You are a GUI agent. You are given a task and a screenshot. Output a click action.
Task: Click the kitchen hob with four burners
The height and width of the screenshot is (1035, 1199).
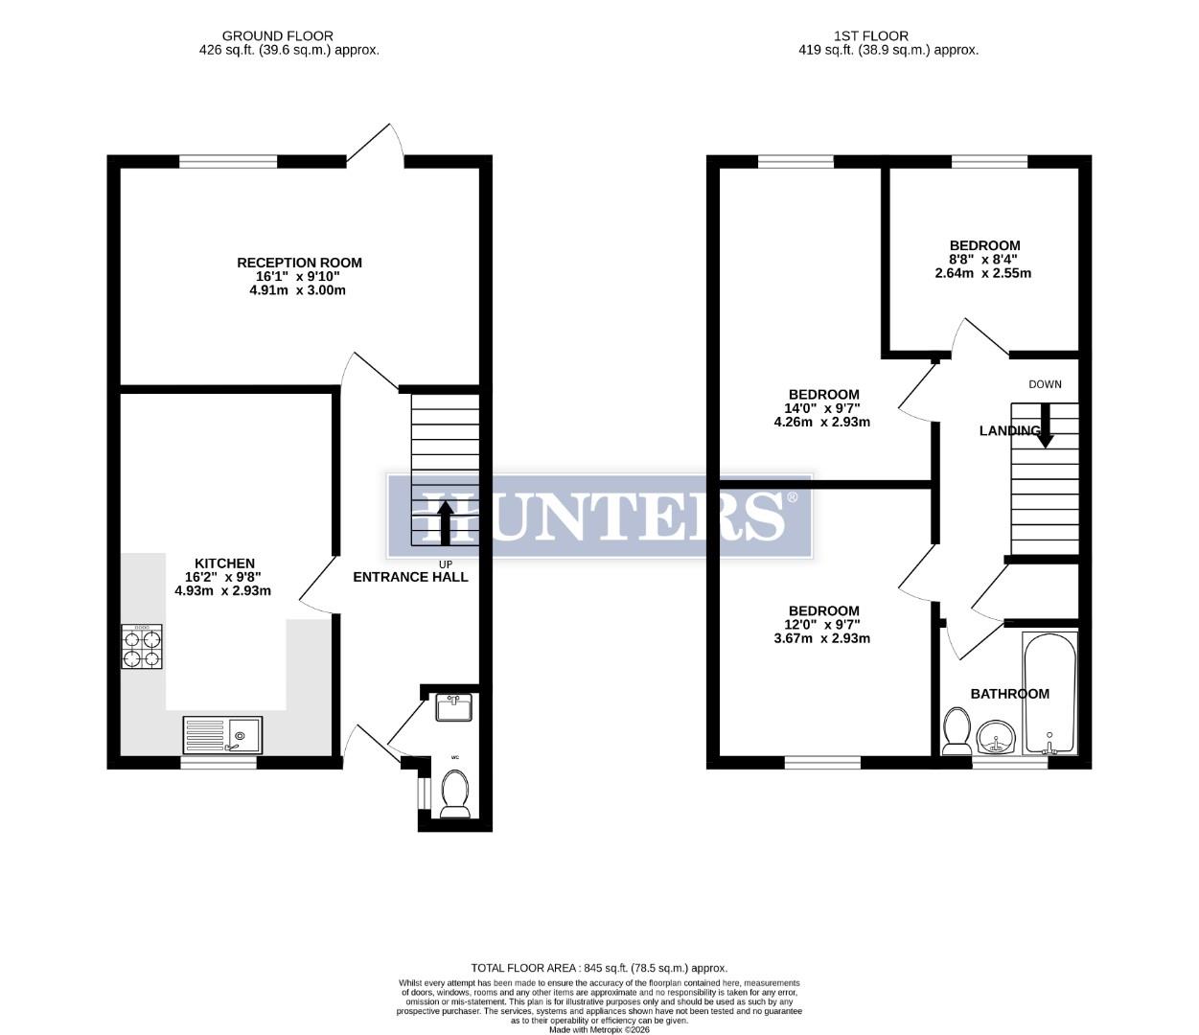(142, 647)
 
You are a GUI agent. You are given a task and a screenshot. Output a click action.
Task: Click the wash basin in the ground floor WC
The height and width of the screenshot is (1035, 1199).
(455, 708)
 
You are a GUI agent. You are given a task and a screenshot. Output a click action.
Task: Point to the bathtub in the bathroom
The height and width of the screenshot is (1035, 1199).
(1049, 692)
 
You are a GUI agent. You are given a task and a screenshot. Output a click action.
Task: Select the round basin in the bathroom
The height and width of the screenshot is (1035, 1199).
(998, 741)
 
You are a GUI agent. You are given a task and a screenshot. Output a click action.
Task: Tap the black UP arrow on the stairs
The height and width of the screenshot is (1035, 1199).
(445, 521)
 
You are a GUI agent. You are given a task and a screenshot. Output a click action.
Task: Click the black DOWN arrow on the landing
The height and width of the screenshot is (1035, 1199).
(1045, 425)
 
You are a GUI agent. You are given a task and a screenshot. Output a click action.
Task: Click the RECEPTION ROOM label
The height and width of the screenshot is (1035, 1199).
(299, 263)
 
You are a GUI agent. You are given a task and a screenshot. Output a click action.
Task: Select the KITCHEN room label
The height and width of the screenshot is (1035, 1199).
(224, 563)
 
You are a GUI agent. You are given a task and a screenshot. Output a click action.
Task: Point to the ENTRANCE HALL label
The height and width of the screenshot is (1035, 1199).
(410, 577)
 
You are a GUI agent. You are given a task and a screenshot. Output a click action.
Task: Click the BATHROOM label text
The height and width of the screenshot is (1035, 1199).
(1009, 694)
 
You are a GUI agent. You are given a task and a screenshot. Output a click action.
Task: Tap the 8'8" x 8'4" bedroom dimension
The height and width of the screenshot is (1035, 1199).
(983, 260)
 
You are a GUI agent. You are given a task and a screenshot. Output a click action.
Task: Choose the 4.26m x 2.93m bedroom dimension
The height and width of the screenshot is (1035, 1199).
(821, 422)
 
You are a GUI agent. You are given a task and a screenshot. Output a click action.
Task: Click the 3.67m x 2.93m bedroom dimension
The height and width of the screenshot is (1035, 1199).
(821, 638)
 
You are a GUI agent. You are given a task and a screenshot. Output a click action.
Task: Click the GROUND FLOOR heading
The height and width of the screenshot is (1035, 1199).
(288, 36)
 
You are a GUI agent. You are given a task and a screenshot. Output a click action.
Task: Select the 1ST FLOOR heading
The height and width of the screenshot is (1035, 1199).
(888, 36)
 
